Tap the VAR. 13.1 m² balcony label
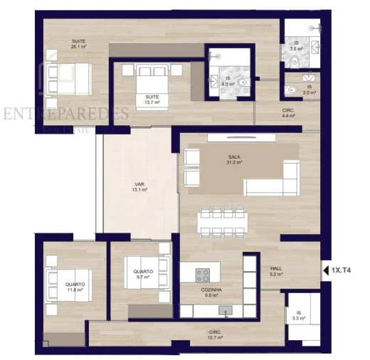(139, 188)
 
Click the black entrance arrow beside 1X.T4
(326, 270)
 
